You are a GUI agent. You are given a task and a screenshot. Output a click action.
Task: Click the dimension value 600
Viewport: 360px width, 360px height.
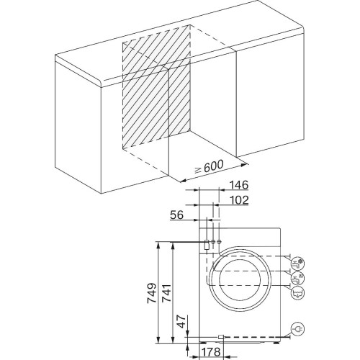pos(213,166)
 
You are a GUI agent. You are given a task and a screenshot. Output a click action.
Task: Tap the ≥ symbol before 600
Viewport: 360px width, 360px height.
pos(198,170)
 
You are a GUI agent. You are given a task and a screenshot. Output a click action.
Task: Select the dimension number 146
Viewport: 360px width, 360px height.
pos(238,185)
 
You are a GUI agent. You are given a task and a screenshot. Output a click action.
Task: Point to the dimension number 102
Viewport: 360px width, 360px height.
pos(239,200)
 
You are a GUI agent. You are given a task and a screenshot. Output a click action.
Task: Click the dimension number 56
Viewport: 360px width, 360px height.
pos(177,215)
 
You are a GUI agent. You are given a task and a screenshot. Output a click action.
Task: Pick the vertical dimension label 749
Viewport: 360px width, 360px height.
pos(152,293)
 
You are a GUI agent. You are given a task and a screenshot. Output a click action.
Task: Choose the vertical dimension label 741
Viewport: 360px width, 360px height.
pos(166,293)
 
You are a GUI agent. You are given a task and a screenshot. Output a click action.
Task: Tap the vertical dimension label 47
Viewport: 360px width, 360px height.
pos(181,321)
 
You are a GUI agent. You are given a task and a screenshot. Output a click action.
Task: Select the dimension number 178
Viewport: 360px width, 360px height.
pos(211,352)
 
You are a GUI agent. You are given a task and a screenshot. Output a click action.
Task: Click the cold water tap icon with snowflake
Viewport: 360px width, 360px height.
pos(297,264)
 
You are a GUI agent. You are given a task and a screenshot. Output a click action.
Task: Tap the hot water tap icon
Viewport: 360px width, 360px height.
pos(297,278)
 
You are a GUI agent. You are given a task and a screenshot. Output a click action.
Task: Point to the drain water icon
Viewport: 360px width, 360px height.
pos(297,293)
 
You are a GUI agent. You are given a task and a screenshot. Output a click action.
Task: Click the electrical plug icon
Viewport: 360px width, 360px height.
pos(297,329)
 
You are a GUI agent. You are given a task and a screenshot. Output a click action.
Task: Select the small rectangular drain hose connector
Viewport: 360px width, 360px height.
pos(206,245)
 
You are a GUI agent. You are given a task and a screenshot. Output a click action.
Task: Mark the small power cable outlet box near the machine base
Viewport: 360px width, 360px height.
pos(221,337)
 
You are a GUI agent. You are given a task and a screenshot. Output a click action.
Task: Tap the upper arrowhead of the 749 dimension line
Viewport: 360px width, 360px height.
pos(158,245)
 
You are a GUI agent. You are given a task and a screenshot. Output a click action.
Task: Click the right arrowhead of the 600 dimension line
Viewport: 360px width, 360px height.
pos(244,165)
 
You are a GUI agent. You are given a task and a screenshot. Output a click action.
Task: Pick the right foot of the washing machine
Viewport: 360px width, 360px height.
pos(276,343)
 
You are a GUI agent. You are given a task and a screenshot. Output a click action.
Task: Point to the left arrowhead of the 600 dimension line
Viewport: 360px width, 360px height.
pos(184,181)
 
